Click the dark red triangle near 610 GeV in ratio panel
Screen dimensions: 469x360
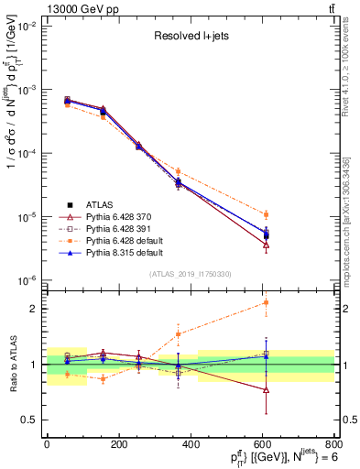click(266, 389)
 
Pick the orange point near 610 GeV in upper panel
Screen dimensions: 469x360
click(266, 214)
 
